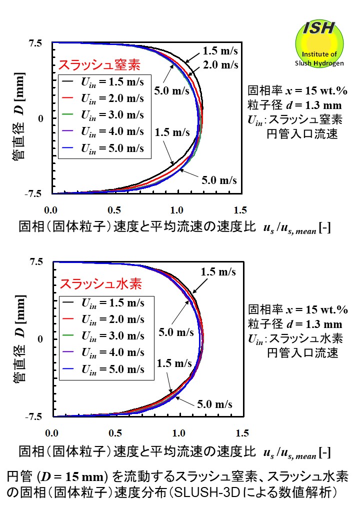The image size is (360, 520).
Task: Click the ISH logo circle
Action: [319, 43]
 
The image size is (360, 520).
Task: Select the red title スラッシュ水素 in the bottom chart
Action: [101, 284]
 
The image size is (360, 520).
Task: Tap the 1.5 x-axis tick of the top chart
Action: [240, 209]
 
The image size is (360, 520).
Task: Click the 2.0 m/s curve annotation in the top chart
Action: [223, 65]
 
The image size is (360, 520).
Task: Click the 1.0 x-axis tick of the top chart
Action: [176, 209]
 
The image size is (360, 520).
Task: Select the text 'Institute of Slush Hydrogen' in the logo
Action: [319, 59]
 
